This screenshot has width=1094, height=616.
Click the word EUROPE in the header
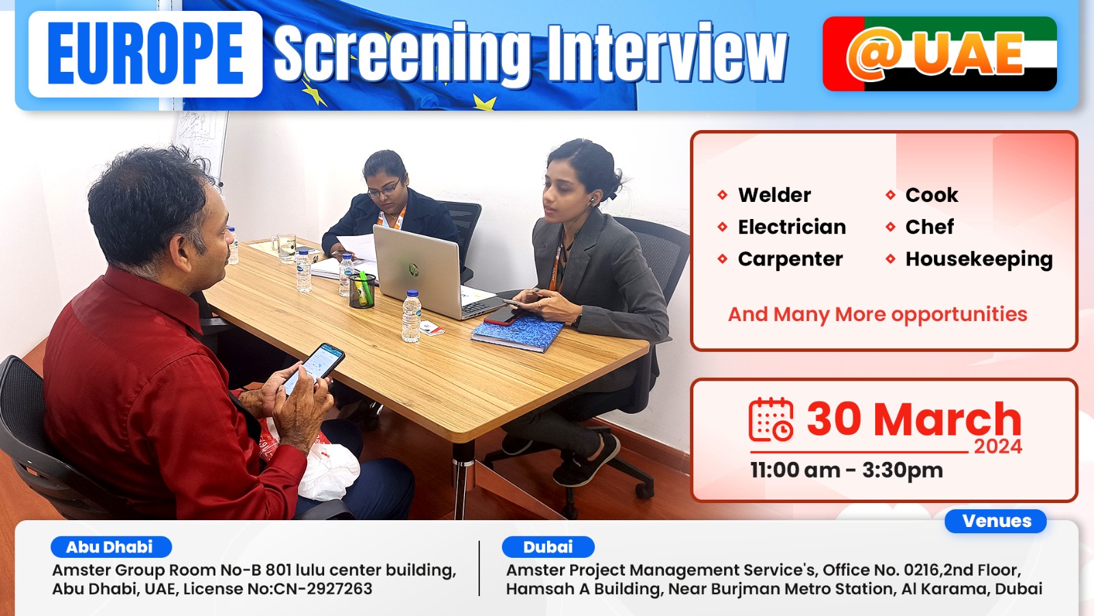[146, 54]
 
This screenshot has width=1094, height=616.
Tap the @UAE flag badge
[939, 54]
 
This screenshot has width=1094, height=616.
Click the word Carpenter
[790, 259]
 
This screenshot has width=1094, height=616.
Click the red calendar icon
[771, 420]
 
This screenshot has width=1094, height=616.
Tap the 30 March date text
[913, 419]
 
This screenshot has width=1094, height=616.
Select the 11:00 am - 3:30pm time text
[846, 470]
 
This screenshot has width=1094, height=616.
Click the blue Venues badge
[996, 521]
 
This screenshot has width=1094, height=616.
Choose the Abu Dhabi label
[111, 547]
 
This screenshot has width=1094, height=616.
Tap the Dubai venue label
[548, 547]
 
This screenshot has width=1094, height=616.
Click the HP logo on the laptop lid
[414, 270]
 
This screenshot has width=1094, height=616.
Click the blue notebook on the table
[517, 333]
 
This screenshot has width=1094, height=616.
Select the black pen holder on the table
[362, 290]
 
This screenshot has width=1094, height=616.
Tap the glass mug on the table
[284, 247]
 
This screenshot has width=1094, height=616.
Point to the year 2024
[998, 447]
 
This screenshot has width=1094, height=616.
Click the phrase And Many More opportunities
[878, 314]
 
